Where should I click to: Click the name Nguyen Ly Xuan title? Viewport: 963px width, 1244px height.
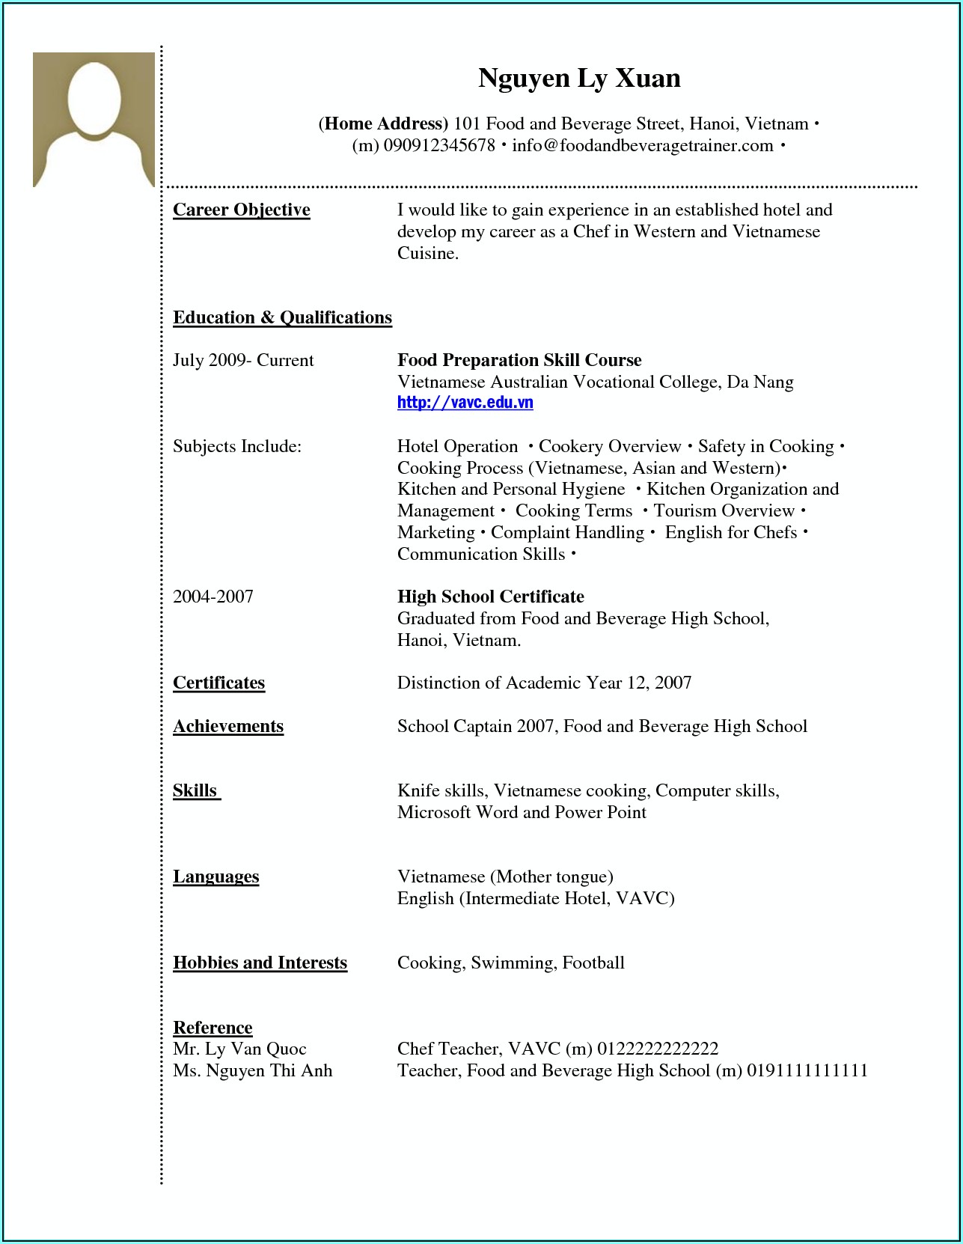[579, 79]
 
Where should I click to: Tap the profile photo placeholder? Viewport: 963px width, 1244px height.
[94, 119]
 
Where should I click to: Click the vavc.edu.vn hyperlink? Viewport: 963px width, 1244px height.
[465, 403]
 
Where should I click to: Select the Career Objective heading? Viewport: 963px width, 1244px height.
[241, 210]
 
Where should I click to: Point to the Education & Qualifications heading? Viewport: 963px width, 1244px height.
[282, 318]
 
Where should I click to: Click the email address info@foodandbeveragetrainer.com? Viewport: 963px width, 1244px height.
[642, 146]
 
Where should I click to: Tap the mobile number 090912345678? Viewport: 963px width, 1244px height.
[439, 146]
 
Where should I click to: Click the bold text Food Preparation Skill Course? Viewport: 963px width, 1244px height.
[519, 361]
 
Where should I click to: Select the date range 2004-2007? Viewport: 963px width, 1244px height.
[213, 597]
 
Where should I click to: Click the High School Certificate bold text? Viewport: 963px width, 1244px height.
[490, 597]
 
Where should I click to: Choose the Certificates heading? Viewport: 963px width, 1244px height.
[218, 683]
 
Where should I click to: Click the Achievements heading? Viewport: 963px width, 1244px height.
[228, 727]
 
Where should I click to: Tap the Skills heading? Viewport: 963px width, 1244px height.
[195, 791]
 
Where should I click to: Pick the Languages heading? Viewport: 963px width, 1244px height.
[215, 877]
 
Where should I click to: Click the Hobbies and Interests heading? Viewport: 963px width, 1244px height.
[260, 963]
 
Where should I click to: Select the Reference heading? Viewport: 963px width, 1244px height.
[213, 1028]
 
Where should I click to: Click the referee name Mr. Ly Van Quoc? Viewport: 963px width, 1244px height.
[239, 1049]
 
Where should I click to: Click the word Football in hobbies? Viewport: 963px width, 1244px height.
[593, 963]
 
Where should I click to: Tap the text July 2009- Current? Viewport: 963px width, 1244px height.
[243, 361]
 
